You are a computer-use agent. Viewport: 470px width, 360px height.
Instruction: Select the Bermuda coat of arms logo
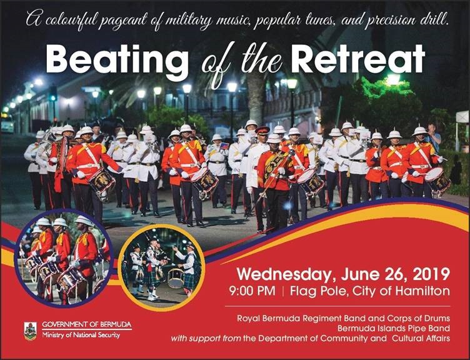coord(30,331)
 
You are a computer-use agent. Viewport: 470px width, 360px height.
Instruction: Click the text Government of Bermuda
coord(87,325)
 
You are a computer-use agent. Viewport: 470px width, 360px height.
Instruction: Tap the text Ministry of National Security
coord(81,336)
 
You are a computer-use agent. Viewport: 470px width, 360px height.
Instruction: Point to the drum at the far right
coord(437,181)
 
